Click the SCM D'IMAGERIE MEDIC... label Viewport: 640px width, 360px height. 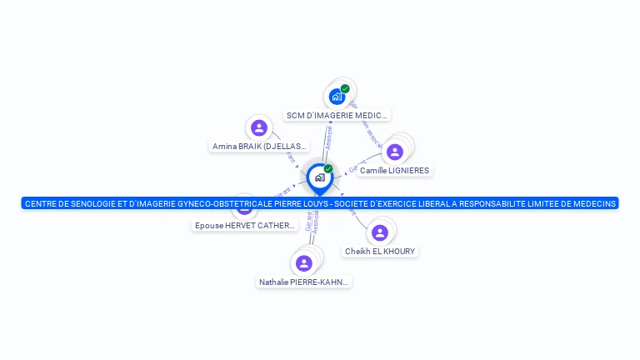pos(337,115)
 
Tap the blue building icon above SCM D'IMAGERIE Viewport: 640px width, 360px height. pos(337,97)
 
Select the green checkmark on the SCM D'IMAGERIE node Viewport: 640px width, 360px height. pos(345,88)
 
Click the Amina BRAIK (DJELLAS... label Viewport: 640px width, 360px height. pos(259,146)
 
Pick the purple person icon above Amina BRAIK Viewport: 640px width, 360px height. pos(259,127)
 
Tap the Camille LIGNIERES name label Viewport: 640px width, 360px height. pos(394,170)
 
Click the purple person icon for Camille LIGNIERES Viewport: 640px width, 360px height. pos(395,152)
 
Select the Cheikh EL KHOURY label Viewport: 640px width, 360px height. pos(380,251)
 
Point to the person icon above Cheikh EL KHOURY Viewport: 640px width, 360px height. pos(380,232)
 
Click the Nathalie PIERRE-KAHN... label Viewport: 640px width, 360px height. pos(303,282)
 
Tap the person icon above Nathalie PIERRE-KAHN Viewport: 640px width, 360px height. pos(303,263)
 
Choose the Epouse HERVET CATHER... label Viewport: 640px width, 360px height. pos(245,225)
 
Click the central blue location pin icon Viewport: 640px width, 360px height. pos(319,177)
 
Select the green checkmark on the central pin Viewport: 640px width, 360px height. pos(328,169)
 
